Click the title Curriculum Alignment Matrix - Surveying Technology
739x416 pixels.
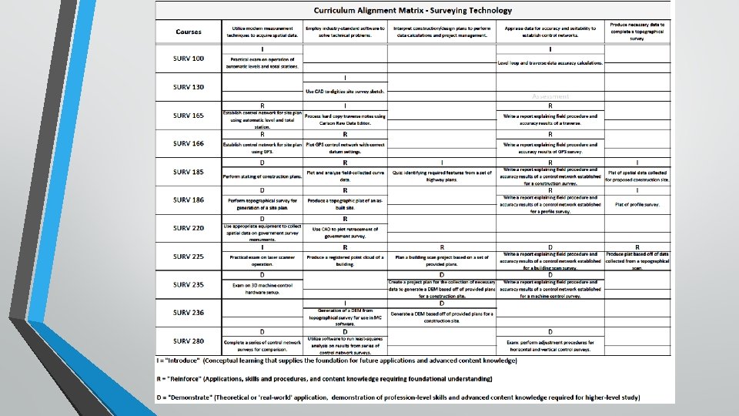click(413, 10)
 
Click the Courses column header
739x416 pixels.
click(189, 32)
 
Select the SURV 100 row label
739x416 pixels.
click(189, 59)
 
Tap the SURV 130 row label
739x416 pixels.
click(189, 87)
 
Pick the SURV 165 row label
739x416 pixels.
click(189, 116)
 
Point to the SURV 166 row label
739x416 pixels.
click(189, 143)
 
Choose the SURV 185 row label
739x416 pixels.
click(189, 172)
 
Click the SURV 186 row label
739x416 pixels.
click(189, 200)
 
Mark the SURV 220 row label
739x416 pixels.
click(189, 228)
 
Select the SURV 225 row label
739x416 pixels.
click(189, 257)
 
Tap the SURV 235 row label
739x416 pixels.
click(189, 285)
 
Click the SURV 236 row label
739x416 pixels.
click(189, 313)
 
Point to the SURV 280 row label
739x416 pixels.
click(189, 341)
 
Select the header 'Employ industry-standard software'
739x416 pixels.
click(345, 32)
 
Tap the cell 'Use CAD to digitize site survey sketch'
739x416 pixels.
click(345, 92)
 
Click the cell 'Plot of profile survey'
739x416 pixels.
click(637, 205)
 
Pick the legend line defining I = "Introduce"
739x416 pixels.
click(336, 361)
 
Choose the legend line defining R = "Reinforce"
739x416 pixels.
click(323, 379)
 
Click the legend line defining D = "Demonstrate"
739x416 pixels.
click(399, 398)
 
